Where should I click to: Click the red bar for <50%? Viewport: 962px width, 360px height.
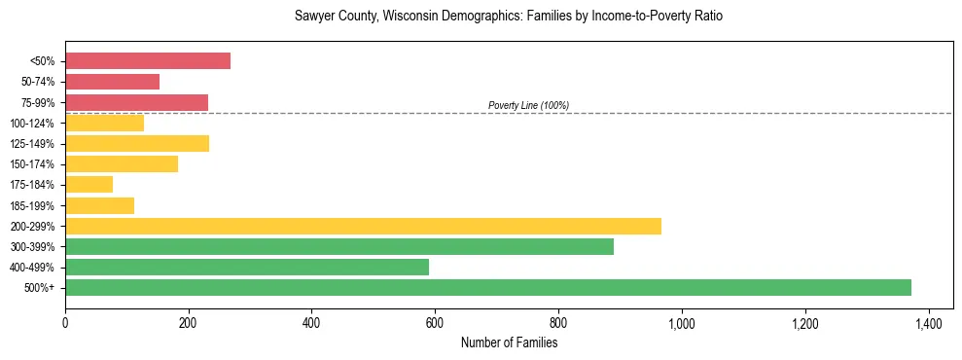148,61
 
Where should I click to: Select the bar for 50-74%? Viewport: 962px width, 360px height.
112,82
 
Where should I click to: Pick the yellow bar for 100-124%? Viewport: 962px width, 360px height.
104,123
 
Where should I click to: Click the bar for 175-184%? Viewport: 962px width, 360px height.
89,184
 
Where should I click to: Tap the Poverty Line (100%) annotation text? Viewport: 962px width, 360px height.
528,105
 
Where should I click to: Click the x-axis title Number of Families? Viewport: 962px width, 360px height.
509,342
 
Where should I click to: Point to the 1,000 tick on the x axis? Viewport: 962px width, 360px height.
682,322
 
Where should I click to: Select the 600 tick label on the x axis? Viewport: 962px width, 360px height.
435,322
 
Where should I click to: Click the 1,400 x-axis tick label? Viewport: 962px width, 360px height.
928,322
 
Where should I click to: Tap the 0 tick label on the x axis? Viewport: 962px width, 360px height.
65,322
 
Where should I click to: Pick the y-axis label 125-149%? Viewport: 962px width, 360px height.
32,144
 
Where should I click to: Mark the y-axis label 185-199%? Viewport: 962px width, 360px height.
32,205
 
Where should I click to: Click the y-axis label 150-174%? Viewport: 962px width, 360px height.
32,164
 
